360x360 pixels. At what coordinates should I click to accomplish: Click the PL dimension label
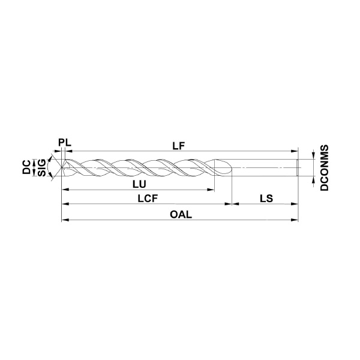coord(65,143)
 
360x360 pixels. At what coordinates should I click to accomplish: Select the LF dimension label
coord(179,146)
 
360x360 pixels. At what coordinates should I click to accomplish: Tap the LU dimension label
coord(139,184)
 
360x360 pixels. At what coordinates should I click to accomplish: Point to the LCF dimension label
coord(148,199)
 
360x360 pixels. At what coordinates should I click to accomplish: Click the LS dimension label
coord(266,199)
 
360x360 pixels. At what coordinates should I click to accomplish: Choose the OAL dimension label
coord(181,215)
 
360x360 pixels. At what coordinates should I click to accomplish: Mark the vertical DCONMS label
coord(325,167)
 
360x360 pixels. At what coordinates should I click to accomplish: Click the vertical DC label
coord(26,167)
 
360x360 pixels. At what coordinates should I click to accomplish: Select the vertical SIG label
coord(42,167)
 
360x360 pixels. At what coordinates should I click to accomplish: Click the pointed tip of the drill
coord(62,167)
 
